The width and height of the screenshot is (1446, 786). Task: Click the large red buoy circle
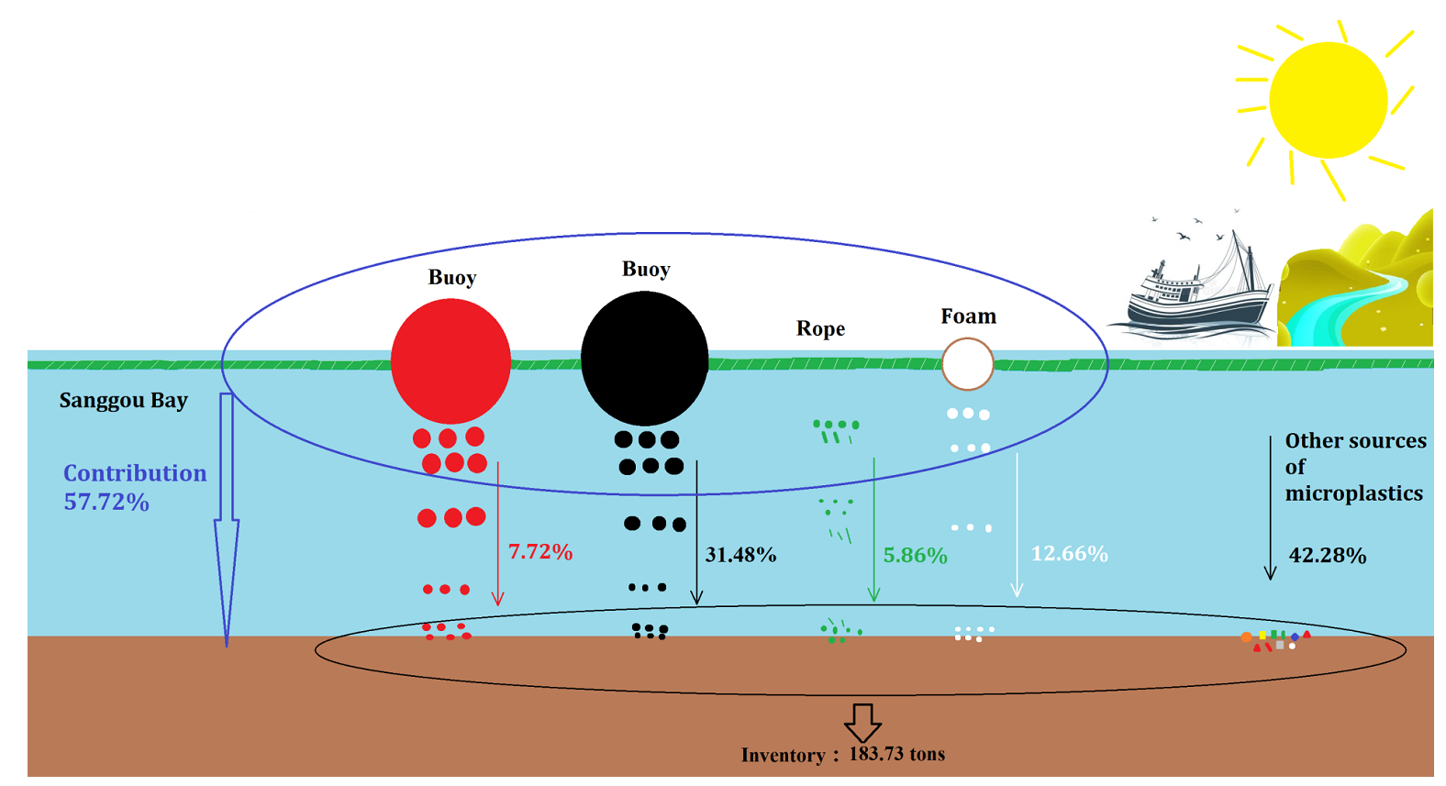tap(450, 360)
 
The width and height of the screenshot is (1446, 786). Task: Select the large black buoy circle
tap(644, 358)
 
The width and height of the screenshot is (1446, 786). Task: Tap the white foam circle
tap(967, 364)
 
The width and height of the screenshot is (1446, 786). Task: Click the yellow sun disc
tap(1327, 100)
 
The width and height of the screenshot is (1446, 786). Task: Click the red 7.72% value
tap(540, 551)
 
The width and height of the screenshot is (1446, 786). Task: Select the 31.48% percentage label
tap(740, 555)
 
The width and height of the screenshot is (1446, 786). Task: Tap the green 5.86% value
tap(915, 555)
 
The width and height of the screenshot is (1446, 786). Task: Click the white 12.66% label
tap(1069, 554)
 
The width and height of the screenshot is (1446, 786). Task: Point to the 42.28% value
tap(1327, 555)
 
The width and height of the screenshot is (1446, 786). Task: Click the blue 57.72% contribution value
tap(106, 502)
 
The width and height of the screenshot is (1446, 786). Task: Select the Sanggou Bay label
tap(124, 400)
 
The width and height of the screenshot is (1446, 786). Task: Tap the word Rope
tap(820, 328)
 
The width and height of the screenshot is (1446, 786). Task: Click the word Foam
tap(968, 316)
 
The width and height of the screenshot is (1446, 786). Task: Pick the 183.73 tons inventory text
tap(896, 754)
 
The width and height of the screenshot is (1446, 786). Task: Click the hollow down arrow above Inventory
tap(862, 723)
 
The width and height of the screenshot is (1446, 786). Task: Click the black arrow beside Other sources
tap(1270, 509)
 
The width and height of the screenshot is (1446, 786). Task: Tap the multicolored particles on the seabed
tap(1275, 639)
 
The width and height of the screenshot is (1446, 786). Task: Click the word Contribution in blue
tap(135, 473)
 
